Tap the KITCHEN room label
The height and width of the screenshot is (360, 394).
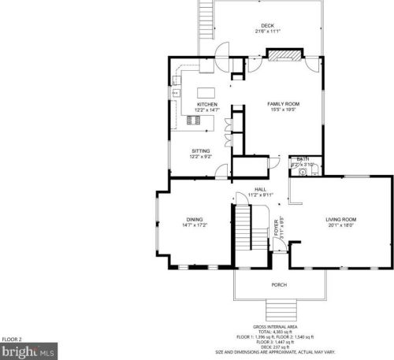click(x=207, y=104)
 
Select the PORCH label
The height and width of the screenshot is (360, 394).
click(x=279, y=284)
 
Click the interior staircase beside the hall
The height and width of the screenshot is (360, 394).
click(x=248, y=228)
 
